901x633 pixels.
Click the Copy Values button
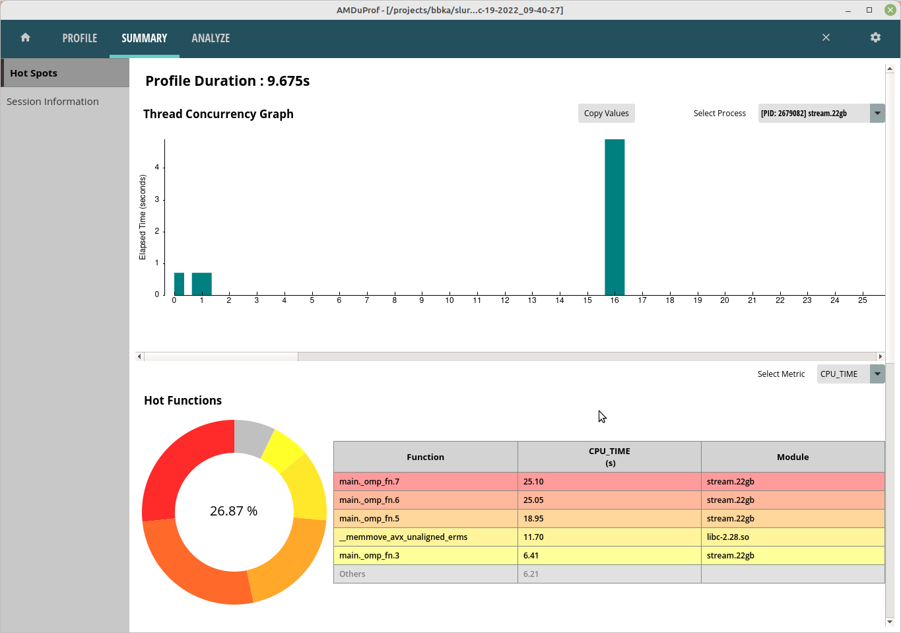tap(606, 114)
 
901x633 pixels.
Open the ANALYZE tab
tap(211, 38)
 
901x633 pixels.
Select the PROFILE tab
tap(80, 38)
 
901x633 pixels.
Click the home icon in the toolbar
tap(26, 38)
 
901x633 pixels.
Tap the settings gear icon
tap(875, 38)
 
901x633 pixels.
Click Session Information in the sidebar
tap(53, 102)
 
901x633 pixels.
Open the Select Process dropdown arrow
tap(877, 114)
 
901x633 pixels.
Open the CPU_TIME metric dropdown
tap(877, 374)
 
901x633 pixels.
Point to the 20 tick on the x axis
tap(725, 300)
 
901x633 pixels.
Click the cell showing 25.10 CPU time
tap(609, 482)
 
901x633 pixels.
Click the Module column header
tap(792, 457)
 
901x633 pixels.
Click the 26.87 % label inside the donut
tap(234, 512)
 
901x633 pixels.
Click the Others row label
tap(352, 574)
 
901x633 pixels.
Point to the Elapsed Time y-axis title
tap(143, 217)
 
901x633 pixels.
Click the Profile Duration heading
tap(227, 81)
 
